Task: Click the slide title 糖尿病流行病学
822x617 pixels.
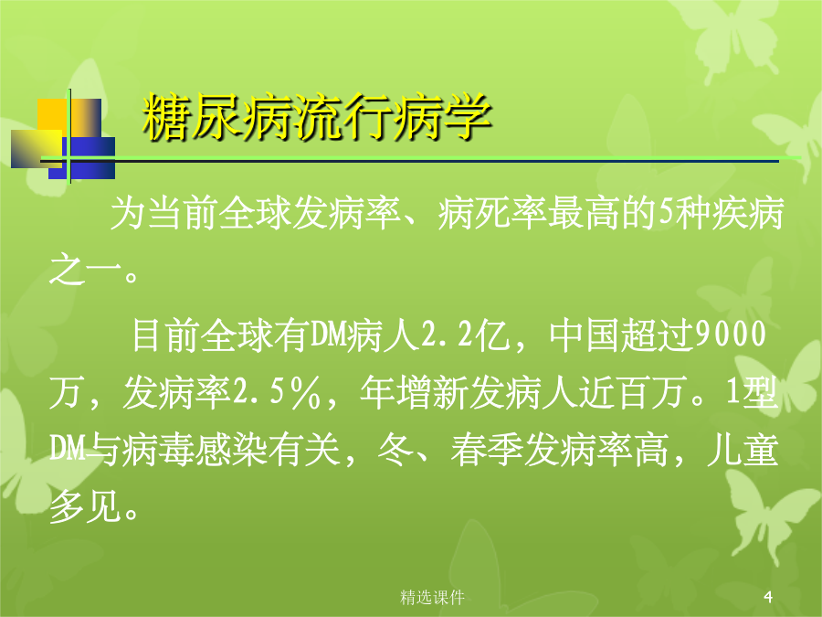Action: [317, 118]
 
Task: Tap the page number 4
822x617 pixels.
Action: [768, 597]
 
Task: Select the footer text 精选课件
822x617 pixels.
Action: [433, 597]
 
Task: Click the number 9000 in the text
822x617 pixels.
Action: [731, 335]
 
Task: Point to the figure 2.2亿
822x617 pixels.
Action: [465, 335]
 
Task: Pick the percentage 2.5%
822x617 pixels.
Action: [276, 393]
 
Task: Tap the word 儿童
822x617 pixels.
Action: [743, 450]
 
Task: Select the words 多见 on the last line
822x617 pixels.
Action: [85, 507]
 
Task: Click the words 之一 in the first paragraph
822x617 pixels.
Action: [85, 271]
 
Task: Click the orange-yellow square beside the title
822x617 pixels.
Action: [69, 119]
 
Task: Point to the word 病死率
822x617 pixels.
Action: [491, 214]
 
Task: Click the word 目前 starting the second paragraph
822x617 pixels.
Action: [167, 335]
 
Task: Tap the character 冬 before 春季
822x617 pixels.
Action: [395, 450]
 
